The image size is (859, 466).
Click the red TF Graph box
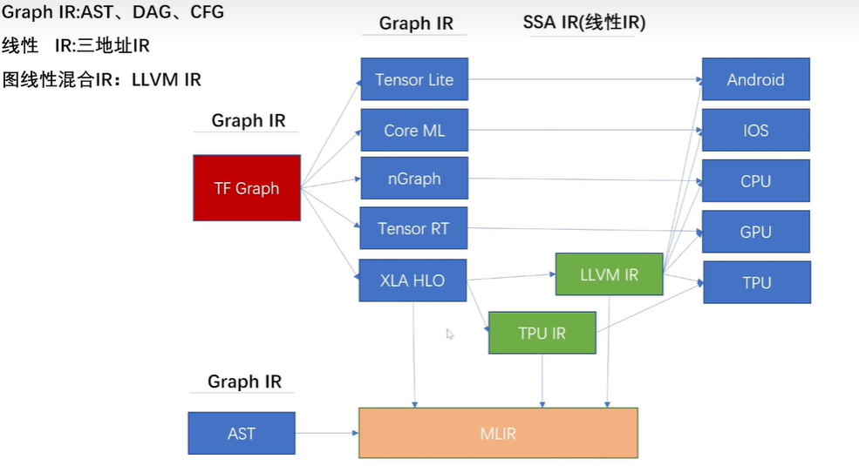point(246,188)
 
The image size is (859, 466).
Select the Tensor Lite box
point(414,79)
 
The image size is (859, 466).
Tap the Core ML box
point(414,131)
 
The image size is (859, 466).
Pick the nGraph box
point(414,179)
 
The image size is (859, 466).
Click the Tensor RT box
point(414,229)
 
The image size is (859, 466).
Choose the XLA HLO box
point(412,280)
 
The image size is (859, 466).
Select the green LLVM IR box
point(609,275)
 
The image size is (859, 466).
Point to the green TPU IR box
point(542,334)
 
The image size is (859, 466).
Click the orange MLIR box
point(498,433)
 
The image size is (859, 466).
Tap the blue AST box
point(242,433)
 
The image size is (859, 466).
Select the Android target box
point(755,79)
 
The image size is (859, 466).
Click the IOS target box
point(755,131)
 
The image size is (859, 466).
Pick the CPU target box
point(755,181)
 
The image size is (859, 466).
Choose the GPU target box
point(755,232)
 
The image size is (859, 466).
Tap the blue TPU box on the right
point(756,282)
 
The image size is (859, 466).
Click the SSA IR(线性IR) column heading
point(583,23)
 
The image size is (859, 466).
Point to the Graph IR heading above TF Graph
point(248,120)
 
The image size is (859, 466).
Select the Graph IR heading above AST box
point(244,382)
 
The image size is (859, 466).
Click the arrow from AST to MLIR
point(327,433)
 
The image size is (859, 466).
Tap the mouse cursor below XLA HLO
point(450,334)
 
